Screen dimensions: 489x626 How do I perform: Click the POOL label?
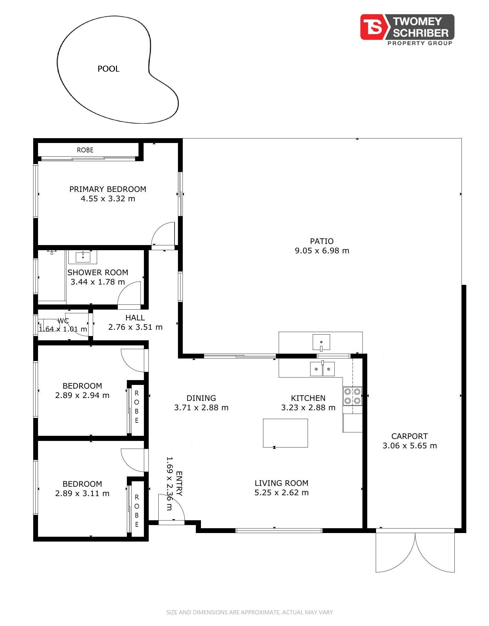(108, 69)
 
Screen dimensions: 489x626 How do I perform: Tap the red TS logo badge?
(373, 27)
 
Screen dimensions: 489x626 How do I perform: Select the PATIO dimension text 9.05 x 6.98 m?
(322, 251)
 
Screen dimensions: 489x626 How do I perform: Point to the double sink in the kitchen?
(322, 368)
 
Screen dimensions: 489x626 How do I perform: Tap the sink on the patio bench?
(321, 342)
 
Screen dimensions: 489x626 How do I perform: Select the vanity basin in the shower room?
(83, 257)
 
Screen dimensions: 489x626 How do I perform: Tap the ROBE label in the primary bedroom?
(85, 150)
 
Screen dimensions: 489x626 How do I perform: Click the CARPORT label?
(410, 436)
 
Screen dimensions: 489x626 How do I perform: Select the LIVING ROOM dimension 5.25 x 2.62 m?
(282, 493)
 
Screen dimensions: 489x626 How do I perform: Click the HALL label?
(135, 318)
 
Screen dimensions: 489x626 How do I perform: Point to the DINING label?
(201, 398)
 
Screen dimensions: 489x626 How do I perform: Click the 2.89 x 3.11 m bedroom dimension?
(82, 493)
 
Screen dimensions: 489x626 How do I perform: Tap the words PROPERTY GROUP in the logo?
(420, 43)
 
